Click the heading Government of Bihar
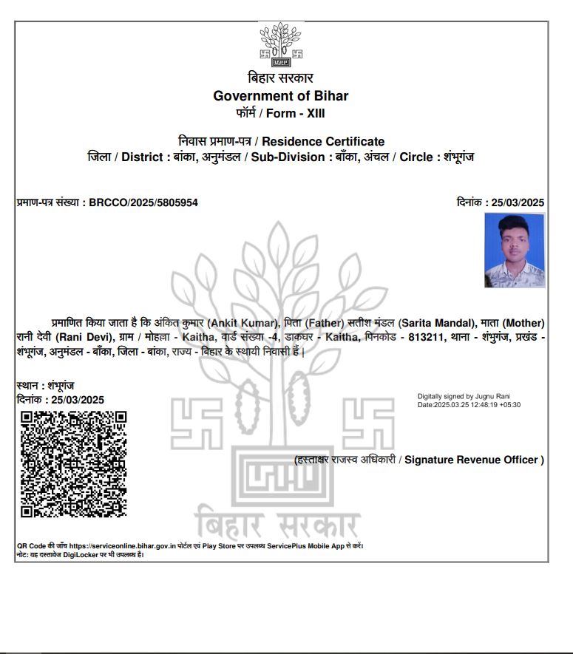pos(280,96)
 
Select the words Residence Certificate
pos(323,141)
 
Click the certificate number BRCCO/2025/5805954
pos(143,202)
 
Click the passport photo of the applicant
pos(515,251)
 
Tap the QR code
pos(73,464)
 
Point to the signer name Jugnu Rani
pos(494,397)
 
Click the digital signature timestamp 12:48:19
pos(487,405)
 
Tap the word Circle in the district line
pos(416,157)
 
